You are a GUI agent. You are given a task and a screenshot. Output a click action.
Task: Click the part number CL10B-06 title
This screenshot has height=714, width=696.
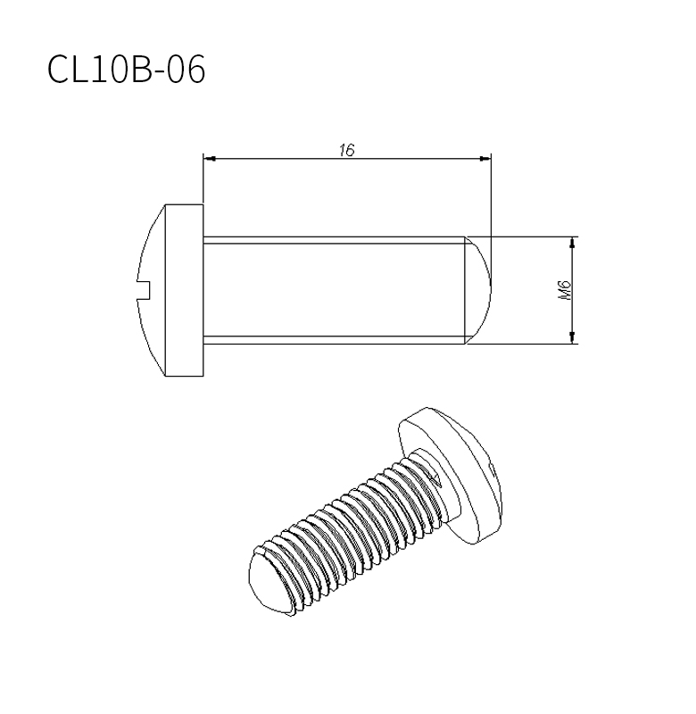click(x=126, y=69)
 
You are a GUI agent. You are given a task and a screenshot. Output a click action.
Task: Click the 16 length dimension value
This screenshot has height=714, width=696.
click(x=346, y=150)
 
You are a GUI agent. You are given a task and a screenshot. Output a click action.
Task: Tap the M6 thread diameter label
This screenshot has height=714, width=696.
click(x=565, y=290)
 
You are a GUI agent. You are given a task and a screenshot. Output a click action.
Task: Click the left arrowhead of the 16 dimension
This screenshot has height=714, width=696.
click(x=210, y=159)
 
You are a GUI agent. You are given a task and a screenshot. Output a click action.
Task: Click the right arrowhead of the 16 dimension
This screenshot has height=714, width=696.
click(x=485, y=159)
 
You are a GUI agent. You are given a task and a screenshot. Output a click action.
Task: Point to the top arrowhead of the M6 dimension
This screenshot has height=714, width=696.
click(x=572, y=243)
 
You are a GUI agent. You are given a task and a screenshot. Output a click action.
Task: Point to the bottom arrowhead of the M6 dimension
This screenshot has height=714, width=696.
click(x=572, y=338)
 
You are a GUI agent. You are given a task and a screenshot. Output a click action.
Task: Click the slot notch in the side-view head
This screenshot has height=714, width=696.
click(x=144, y=290)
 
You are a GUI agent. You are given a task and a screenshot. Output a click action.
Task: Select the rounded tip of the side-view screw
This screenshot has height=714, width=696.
click(x=478, y=290)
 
